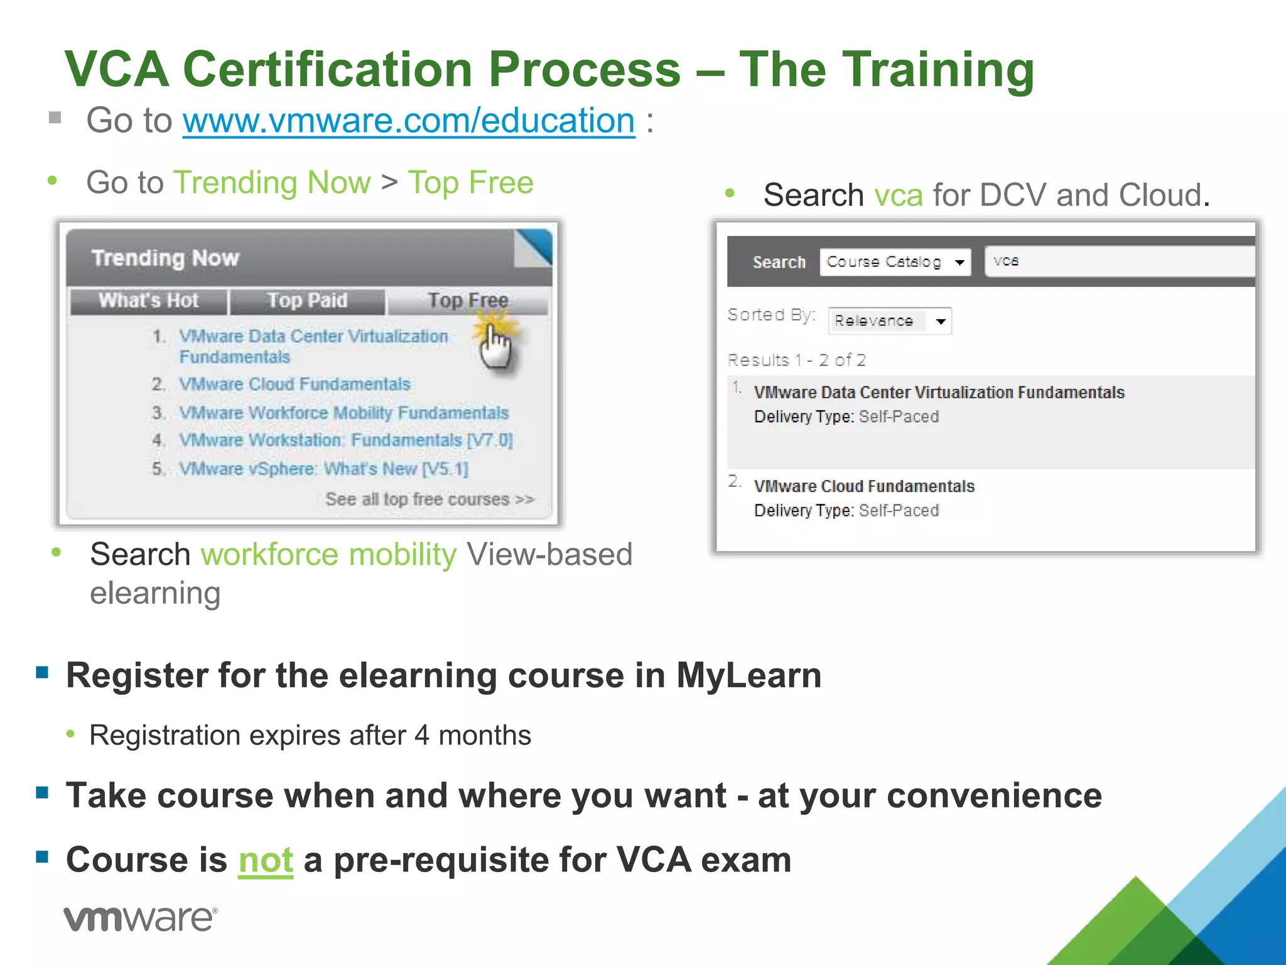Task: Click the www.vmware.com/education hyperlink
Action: click(x=409, y=121)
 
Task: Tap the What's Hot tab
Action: click(x=149, y=301)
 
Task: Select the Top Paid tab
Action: click(x=307, y=301)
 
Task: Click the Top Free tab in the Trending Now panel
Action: click(x=468, y=301)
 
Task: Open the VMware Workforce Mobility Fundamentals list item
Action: click(x=343, y=413)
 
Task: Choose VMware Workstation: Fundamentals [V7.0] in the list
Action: click(x=345, y=440)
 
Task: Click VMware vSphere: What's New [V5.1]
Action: click(x=323, y=469)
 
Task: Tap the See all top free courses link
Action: click(x=430, y=499)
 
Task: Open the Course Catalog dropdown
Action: click(x=895, y=262)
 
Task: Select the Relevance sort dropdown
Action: click(x=889, y=321)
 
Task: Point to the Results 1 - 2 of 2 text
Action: click(x=796, y=360)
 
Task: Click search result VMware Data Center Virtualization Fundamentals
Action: click(x=939, y=393)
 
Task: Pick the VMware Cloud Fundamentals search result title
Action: click(x=864, y=486)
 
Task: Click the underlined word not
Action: click(x=266, y=860)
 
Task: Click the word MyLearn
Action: click(x=748, y=676)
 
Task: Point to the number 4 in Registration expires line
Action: click(x=422, y=736)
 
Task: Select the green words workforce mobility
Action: click(x=328, y=555)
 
